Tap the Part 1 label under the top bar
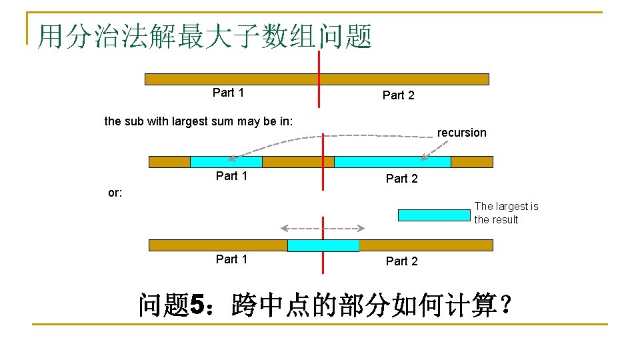tap(228, 93)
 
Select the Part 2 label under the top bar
tap(398, 95)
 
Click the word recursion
tap(461, 133)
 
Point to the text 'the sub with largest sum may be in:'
tap(199, 121)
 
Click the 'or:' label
tap(115, 193)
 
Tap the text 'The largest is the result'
tap(506, 213)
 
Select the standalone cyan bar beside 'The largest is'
tap(434, 215)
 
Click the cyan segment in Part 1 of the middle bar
tap(226, 162)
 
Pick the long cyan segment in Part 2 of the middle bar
tap(392, 162)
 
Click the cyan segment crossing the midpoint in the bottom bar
tap(323, 245)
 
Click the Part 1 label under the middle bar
tap(231, 176)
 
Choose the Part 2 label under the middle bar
tap(401, 178)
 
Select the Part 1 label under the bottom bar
tap(231, 259)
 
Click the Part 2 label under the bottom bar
tap(401, 261)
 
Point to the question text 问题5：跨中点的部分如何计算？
tap(326, 307)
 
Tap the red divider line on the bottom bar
tap(323, 263)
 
